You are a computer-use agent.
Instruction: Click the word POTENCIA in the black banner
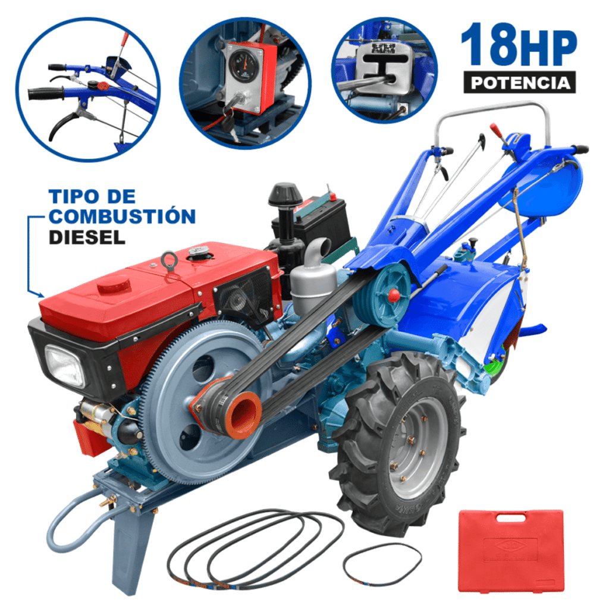pos(520,82)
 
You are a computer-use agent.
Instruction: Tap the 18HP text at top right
pos(519,46)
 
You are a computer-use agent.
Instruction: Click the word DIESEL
pos(87,237)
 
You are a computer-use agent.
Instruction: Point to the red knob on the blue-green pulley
pos(393,295)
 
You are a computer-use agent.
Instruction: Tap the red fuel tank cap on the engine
pos(115,284)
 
